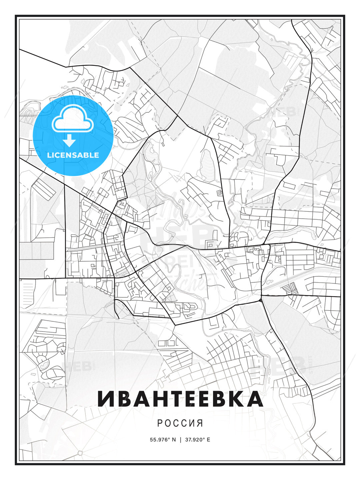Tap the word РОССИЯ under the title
click(180, 423)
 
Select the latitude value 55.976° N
click(163, 439)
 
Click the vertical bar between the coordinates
click(180, 439)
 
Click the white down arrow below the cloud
click(70, 141)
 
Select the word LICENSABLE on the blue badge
click(73, 155)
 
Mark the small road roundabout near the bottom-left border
click(80, 453)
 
